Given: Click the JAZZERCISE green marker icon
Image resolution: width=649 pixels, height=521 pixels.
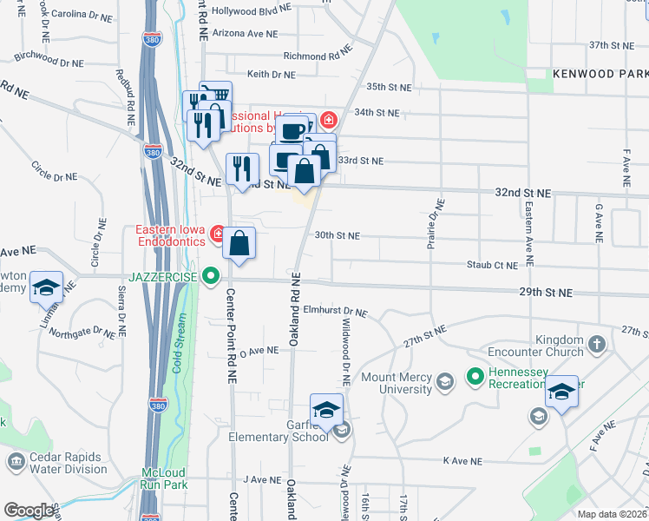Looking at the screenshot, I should click(210, 277).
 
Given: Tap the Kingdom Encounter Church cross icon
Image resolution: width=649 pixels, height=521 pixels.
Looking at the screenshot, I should click(596, 346).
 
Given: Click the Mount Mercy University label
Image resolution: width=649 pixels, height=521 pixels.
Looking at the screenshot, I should click(396, 383).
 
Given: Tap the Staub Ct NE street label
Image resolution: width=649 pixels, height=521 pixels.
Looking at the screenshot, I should click(492, 265).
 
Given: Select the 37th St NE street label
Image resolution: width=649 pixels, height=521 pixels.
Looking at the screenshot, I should click(613, 44).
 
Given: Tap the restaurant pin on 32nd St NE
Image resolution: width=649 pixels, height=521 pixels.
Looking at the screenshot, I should click(242, 168).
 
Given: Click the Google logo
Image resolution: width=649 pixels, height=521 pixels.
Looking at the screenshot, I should click(29, 511).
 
